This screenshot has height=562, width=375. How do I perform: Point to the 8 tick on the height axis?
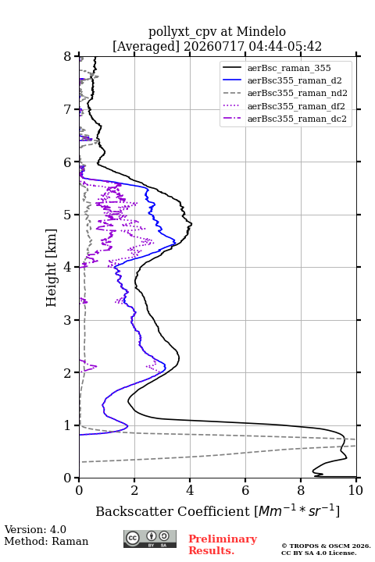[x=68, y=57]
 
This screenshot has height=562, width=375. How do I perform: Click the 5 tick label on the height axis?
[x=68, y=215]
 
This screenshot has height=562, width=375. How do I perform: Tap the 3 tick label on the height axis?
[x=68, y=320]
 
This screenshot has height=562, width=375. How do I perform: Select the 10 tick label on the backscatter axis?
[x=355, y=490]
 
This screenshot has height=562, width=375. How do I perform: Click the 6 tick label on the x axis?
[x=245, y=490]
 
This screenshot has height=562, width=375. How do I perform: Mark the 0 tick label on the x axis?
[x=80, y=490]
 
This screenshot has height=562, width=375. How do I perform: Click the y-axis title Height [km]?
[x=52, y=268]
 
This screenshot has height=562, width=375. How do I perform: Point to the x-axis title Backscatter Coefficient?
[x=172, y=511]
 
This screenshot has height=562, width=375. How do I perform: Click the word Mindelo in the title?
[x=261, y=31]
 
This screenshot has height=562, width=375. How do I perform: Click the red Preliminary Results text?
[x=223, y=545]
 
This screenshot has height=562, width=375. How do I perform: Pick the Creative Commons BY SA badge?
[x=150, y=539]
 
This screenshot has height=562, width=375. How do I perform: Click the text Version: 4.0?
[x=35, y=530]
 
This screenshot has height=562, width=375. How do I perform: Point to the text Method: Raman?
[x=46, y=541]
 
